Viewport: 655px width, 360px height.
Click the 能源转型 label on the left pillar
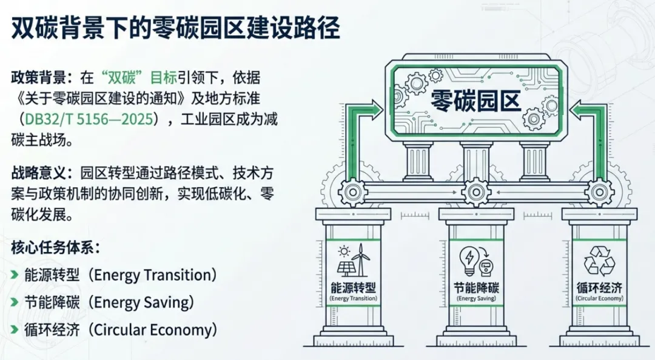(x=353, y=288)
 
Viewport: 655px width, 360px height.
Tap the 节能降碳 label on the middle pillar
(x=475, y=288)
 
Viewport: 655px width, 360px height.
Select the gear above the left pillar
(x=352, y=193)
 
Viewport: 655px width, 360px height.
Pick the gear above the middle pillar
(x=475, y=193)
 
